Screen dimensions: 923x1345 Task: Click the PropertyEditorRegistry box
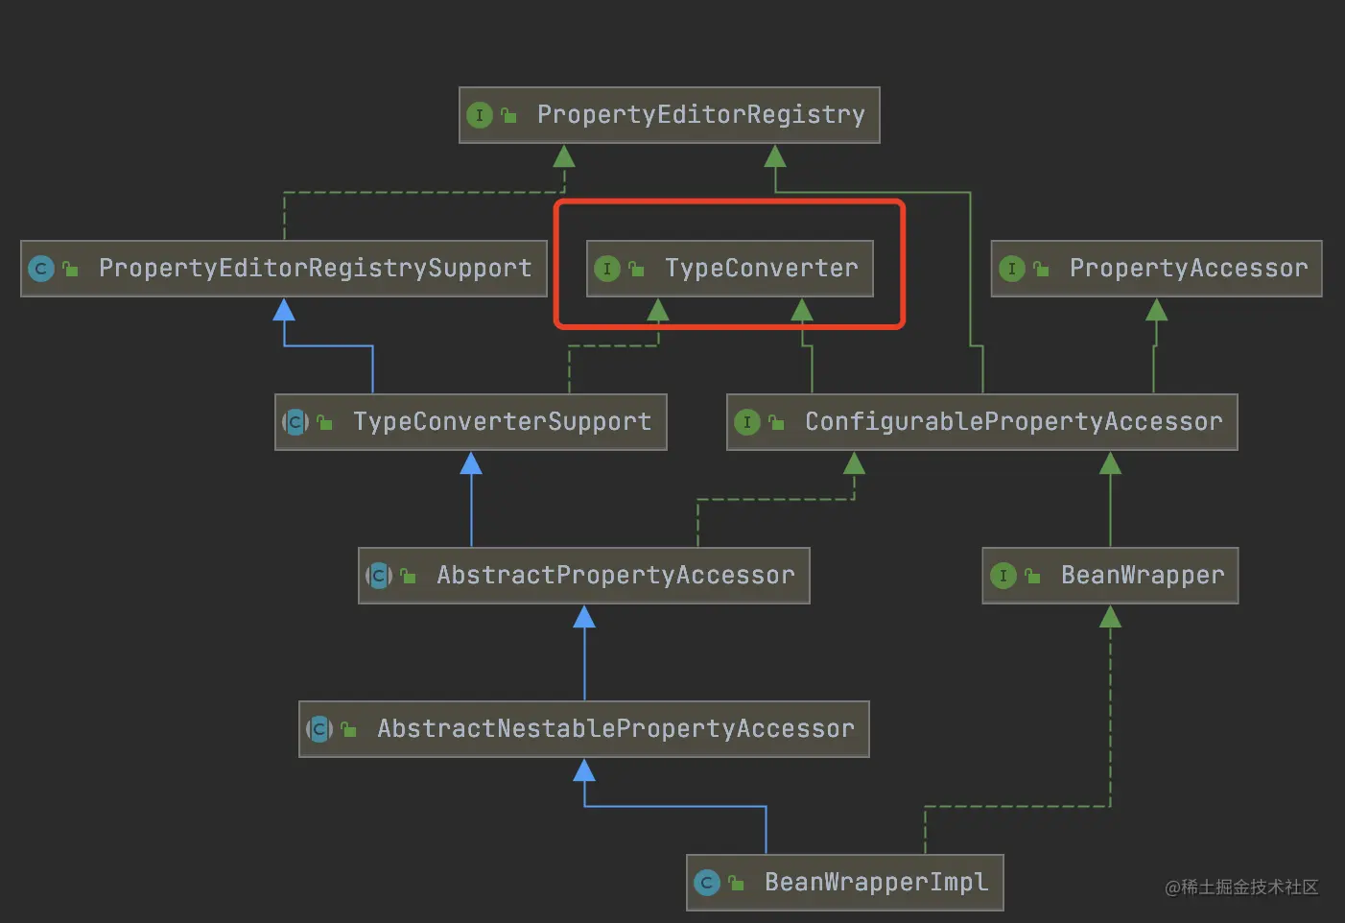tap(669, 115)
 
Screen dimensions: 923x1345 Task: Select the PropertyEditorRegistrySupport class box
tap(284, 269)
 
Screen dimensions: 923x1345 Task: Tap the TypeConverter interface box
tap(730, 269)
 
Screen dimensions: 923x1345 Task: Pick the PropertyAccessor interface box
tap(1156, 269)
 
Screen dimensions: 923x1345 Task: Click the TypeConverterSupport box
tap(470, 422)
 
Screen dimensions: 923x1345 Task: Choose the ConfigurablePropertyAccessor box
tap(981, 422)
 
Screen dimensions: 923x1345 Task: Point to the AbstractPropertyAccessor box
tap(583, 576)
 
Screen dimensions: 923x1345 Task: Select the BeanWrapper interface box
tap(1110, 576)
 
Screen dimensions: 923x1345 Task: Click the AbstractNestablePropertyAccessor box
tap(583, 729)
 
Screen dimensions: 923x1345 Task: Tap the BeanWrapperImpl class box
tap(844, 883)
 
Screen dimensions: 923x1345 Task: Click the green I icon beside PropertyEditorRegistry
tap(480, 115)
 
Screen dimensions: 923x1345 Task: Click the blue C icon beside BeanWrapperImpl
tap(707, 883)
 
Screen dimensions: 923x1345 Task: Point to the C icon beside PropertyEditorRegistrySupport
tap(41, 269)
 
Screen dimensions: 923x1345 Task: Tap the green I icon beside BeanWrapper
tap(1003, 576)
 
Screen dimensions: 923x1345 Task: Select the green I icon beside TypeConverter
tap(607, 269)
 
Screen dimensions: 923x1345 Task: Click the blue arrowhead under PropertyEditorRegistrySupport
tap(284, 310)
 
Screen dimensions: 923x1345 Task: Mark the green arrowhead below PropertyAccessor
tap(1156, 310)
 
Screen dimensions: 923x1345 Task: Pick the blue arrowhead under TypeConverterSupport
tap(470, 464)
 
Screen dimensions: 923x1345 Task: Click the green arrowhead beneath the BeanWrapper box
tap(1110, 617)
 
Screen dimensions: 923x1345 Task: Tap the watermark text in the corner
tap(1241, 887)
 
